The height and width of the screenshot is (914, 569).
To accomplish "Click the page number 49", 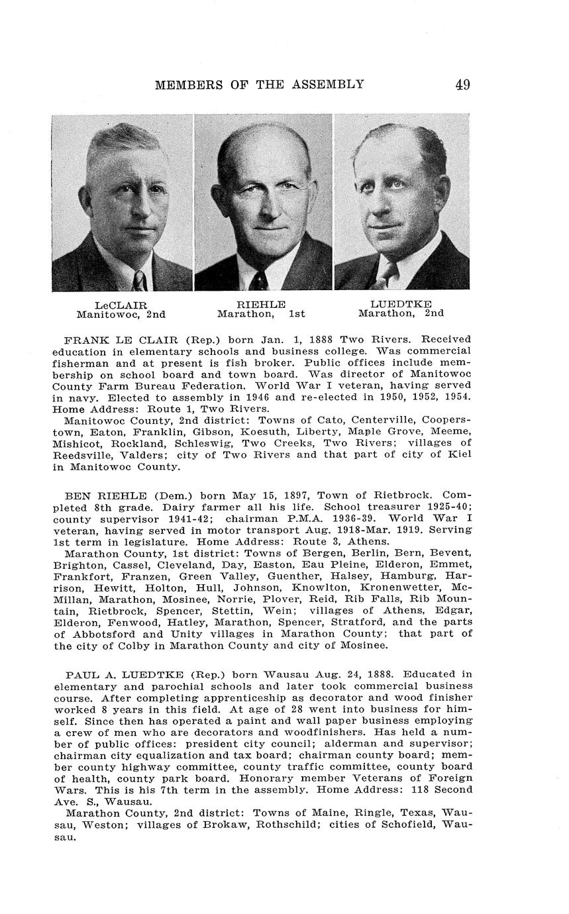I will (462, 85).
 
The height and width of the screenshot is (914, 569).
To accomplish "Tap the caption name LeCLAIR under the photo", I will (121, 305).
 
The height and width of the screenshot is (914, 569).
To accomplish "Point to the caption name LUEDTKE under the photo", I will (401, 304).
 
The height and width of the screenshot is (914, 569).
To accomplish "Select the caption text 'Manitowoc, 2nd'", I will (121, 315).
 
